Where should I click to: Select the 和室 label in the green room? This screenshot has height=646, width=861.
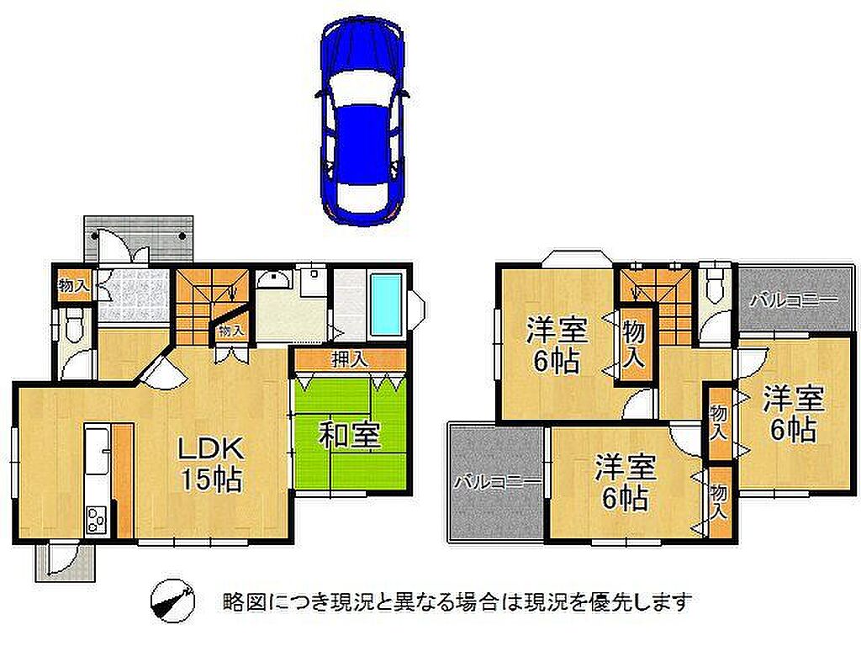(x=350, y=437)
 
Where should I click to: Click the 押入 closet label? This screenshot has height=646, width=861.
(x=350, y=360)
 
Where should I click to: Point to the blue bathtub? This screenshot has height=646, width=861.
(x=387, y=304)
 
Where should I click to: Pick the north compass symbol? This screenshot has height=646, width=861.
(x=172, y=601)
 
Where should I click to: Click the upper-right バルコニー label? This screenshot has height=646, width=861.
(x=795, y=300)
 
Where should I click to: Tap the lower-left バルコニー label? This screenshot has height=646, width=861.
(x=498, y=483)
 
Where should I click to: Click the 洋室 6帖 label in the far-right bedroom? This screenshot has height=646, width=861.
(x=794, y=413)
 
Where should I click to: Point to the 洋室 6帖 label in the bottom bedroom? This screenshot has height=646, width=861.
(x=626, y=482)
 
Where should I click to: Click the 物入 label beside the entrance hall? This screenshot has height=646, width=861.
(x=73, y=285)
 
